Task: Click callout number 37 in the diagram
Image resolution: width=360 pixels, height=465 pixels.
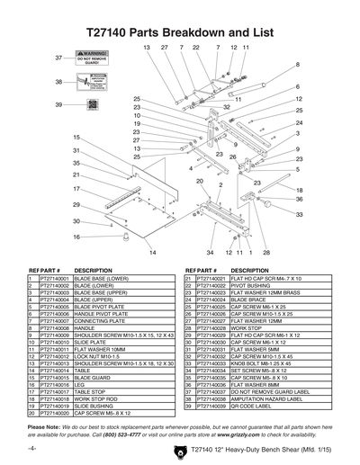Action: [59, 58]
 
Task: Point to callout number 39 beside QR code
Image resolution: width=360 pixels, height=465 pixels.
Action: [59, 105]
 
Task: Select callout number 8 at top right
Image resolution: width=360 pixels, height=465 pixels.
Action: [298, 65]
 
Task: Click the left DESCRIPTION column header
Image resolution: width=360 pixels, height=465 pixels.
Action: [93, 270]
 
